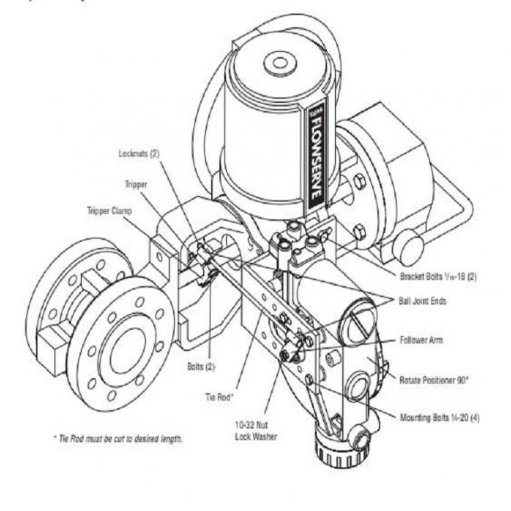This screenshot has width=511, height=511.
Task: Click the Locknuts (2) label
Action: click(x=140, y=153)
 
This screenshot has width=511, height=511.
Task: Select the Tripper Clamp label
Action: click(x=109, y=211)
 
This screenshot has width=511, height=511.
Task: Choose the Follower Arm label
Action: click(x=421, y=340)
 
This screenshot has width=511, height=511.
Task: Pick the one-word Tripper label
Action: click(x=136, y=183)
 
